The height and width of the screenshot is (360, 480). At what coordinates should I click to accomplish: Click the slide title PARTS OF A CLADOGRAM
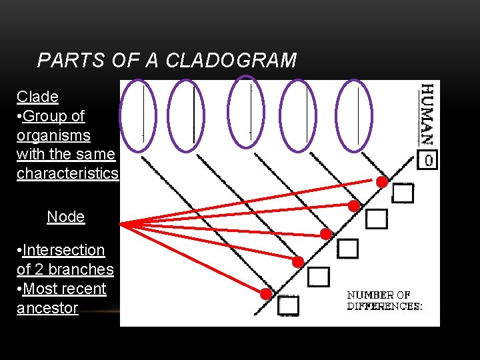coord(167,61)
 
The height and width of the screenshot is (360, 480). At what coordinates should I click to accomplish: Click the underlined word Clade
coord(37,97)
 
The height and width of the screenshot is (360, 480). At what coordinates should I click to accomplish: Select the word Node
coord(66,217)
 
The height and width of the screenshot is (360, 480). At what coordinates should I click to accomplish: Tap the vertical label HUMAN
coord(427,114)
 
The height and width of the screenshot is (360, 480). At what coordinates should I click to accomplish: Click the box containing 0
coord(427,160)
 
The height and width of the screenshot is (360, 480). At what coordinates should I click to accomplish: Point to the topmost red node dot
coord(382,181)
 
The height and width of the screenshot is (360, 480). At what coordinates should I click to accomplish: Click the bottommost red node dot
coord(265,293)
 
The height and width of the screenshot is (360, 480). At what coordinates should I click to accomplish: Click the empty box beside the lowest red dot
coord(289,305)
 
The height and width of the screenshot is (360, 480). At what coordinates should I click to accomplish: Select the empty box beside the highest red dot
coord(403,193)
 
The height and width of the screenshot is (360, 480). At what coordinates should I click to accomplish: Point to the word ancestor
coord(47,308)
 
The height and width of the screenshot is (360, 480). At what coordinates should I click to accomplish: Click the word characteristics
coord(67,174)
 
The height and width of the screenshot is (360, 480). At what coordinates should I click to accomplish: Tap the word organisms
coord(53,135)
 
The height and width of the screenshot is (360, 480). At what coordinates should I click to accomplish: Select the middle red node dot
coord(326,233)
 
